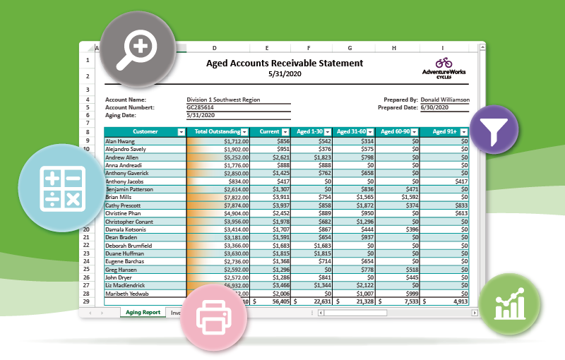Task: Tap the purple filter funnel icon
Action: pos(494,130)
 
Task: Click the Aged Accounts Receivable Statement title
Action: pos(284,63)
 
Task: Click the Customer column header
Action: pos(145,131)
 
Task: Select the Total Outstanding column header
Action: pos(216,131)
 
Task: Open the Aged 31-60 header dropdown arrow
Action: pos(369,131)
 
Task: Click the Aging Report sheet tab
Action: pos(143,312)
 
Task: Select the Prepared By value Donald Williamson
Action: pos(444,100)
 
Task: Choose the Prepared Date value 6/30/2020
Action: pos(434,107)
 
